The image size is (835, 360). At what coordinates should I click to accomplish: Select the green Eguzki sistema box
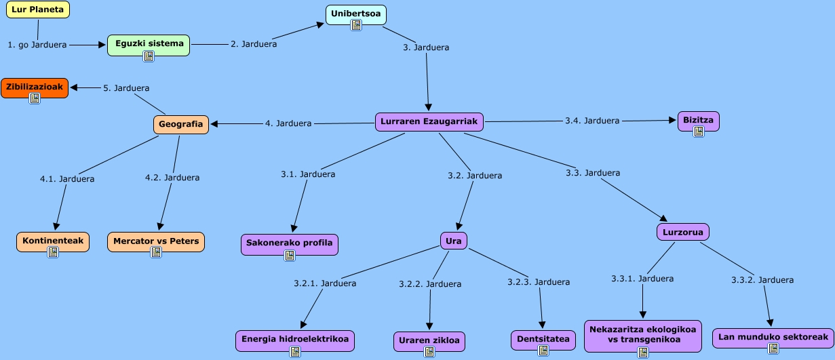tap(149, 44)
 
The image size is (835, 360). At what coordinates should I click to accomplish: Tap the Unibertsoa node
tap(355, 13)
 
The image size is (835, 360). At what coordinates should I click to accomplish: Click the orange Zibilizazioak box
tap(34, 87)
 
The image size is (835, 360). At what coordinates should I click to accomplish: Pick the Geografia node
tap(180, 124)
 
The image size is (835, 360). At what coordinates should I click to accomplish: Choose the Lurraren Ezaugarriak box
tap(429, 121)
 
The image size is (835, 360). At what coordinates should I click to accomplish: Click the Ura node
tap(454, 240)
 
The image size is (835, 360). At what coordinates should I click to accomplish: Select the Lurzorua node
tap(682, 232)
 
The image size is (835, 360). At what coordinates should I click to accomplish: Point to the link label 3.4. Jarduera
tap(591, 121)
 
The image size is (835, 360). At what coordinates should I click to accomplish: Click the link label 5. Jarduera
tap(126, 87)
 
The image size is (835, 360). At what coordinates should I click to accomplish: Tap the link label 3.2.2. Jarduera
tap(430, 284)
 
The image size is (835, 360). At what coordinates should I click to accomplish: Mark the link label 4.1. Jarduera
tap(67, 179)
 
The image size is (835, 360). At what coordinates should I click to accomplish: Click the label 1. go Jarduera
tap(37, 45)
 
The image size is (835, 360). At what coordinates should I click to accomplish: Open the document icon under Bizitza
tap(698, 132)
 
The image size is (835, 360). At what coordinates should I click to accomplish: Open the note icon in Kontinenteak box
tap(53, 252)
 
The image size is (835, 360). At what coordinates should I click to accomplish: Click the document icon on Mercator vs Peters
tap(155, 252)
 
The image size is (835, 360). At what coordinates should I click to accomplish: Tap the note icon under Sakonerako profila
tap(290, 256)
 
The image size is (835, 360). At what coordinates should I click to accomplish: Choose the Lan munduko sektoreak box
tap(773, 336)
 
